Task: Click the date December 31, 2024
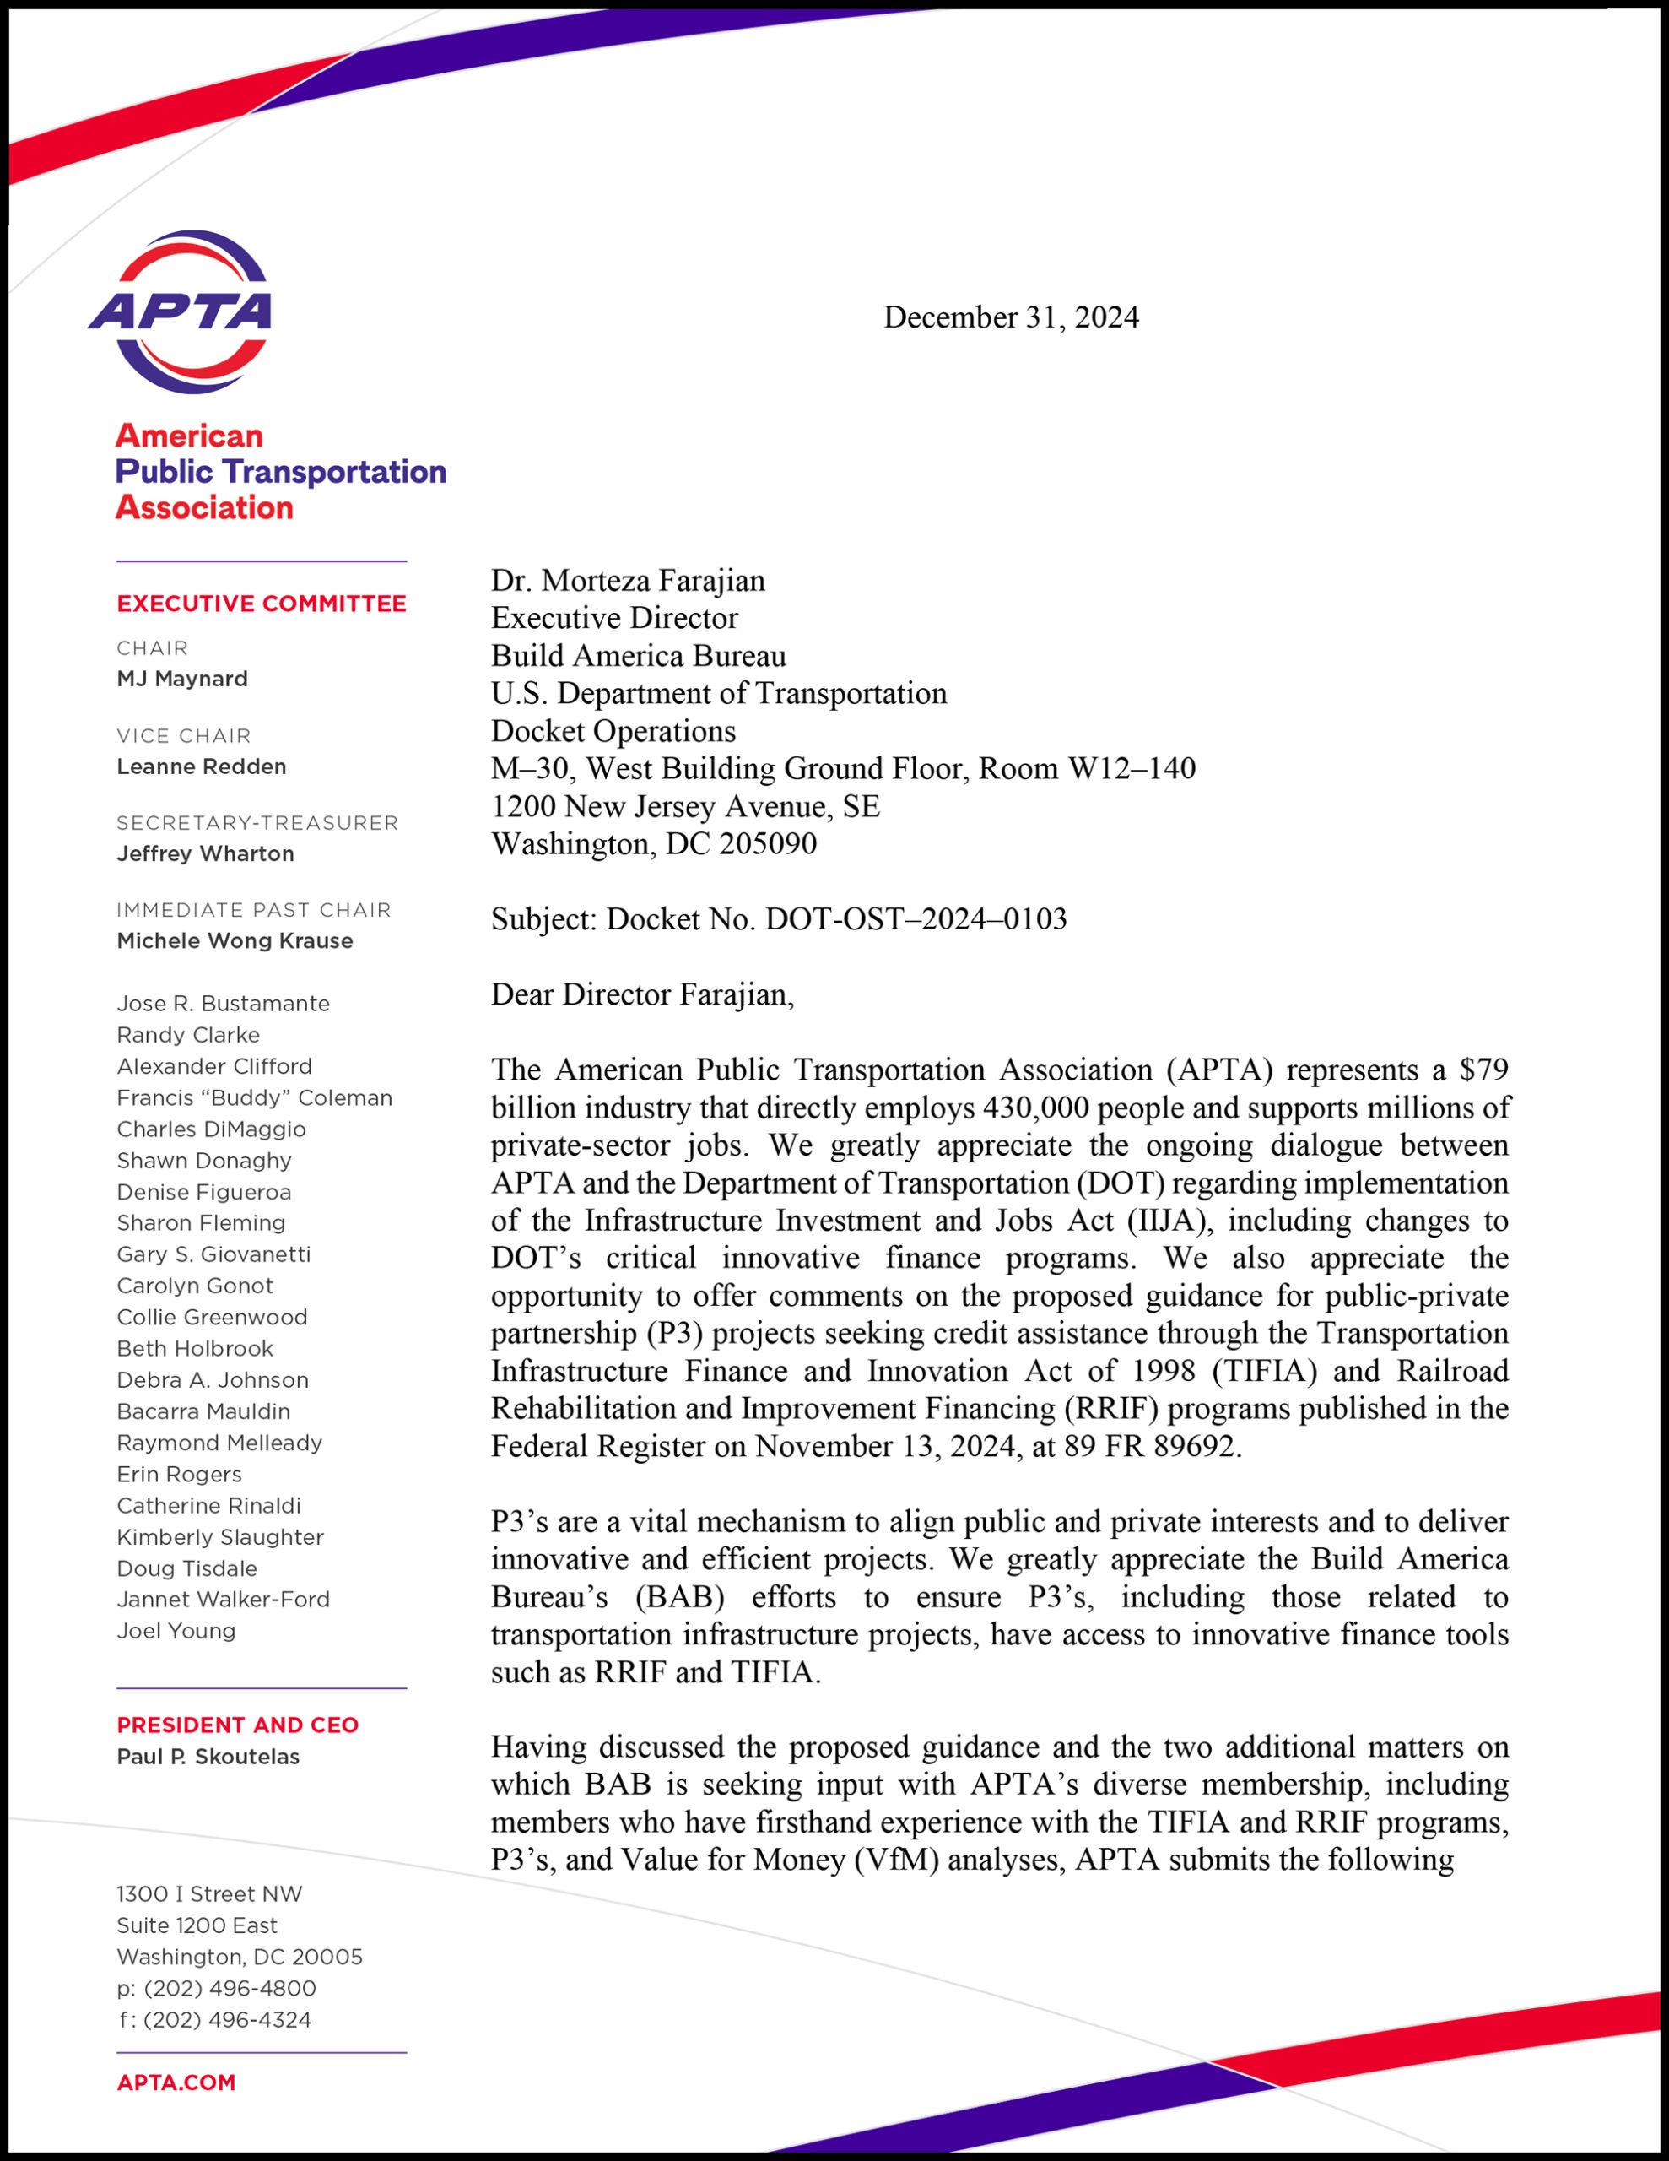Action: coord(1010,317)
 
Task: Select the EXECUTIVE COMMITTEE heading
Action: coord(262,604)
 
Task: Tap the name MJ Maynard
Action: coord(182,679)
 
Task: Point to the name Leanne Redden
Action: coord(201,766)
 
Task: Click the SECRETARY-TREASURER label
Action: coord(257,822)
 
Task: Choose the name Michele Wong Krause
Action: coord(235,940)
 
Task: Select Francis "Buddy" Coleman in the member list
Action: coord(254,1097)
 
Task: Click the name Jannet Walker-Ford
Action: coord(223,1599)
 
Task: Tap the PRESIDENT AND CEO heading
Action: coord(237,1725)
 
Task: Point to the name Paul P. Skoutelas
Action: coord(208,1757)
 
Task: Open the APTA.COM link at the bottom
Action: coord(176,2082)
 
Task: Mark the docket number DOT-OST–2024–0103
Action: coord(916,919)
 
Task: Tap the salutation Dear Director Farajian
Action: coord(642,994)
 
